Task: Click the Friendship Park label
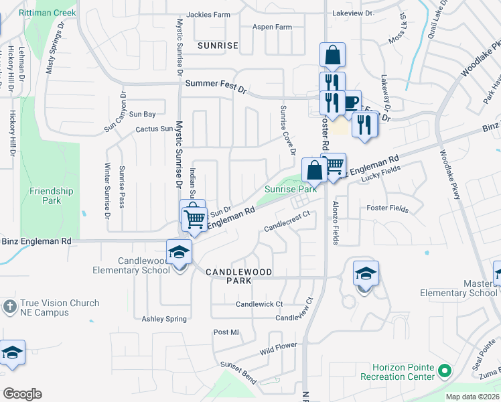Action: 51,196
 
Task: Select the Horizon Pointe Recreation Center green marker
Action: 444,371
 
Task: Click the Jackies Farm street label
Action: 208,14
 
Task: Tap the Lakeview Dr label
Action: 353,13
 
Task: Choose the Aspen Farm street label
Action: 272,27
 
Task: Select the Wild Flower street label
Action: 279,349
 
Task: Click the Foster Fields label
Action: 388,208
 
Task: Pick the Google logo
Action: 22,394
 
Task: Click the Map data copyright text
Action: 472,397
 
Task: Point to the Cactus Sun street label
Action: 154,129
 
